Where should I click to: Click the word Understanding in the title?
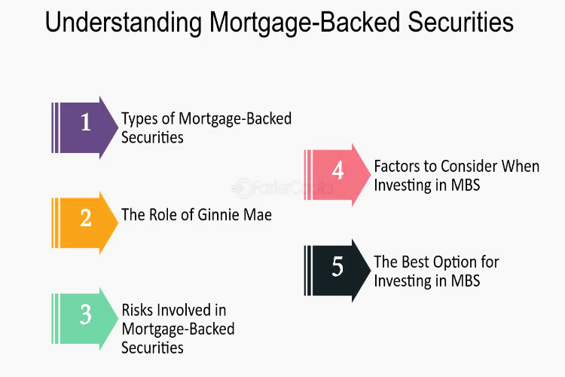tap(124, 22)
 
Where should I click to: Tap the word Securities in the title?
tap(460, 22)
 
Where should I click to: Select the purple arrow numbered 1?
tap(85, 127)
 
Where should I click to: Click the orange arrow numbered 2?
tap(85, 223)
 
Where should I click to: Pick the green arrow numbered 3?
tap(85, 318)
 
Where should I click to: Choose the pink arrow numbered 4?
tap(337, 175)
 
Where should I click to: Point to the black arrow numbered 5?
tap(337, 271)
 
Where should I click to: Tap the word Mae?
tap(258, 215)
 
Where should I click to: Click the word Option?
tap(458, 262)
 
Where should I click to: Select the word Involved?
tap(184, 310)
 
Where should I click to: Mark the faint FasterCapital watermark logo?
tap(282, 188)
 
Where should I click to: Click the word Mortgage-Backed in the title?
tap(305, 23)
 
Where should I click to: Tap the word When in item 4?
tap(521, 167)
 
